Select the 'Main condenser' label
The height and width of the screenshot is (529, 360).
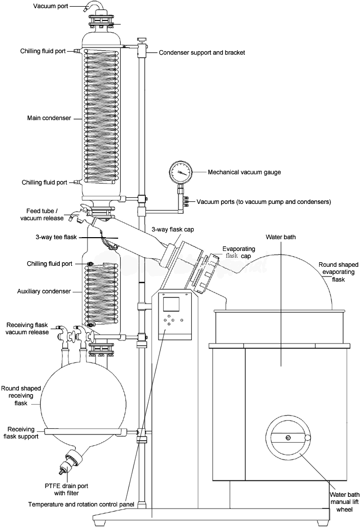coord(49,118)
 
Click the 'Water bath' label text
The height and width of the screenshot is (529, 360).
coord(281,237)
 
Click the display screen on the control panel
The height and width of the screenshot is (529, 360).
coord(172,304)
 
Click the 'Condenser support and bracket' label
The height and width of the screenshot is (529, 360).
coord(202,53)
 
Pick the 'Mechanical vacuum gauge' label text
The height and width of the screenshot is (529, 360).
coord(244,172)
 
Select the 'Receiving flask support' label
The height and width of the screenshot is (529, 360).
coord(22,433)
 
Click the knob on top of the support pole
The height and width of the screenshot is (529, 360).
coord(141,39)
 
